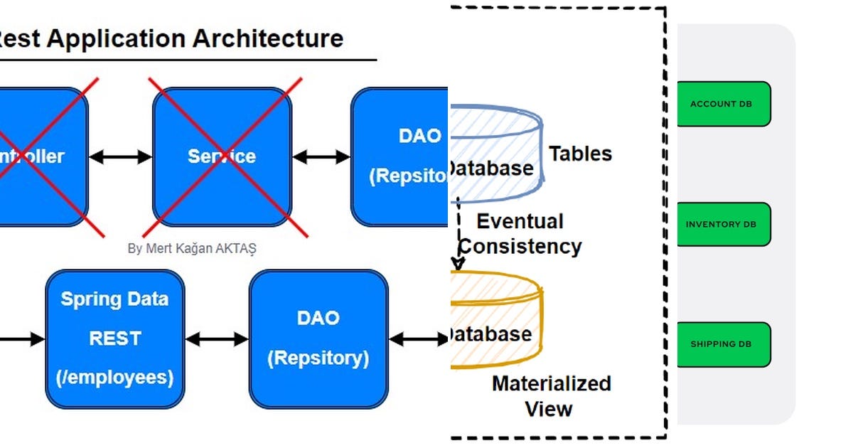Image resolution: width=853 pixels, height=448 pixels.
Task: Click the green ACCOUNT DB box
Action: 723,104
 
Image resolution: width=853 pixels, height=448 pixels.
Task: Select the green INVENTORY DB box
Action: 723,224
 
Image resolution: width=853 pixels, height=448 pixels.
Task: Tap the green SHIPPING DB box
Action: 723,344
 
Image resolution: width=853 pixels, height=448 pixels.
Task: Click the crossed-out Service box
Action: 222,156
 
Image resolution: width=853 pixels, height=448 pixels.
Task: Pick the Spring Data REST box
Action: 114,338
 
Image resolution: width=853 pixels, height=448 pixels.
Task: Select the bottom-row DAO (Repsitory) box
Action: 318,338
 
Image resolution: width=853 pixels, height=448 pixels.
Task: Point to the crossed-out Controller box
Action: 39,156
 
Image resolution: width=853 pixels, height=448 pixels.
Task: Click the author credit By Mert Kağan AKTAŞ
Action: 192,249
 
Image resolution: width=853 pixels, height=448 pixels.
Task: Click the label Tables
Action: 580,154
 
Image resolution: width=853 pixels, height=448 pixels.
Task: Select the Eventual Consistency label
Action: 521,234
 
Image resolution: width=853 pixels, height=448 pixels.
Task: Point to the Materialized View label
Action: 550,396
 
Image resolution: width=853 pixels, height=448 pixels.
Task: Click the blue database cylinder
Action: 496,153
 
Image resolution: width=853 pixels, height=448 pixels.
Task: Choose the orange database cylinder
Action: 496,320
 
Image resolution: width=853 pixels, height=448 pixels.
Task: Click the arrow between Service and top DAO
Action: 321,156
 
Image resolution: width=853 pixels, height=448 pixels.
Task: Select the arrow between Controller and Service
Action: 120,156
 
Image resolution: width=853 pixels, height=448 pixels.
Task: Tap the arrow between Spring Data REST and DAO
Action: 217,339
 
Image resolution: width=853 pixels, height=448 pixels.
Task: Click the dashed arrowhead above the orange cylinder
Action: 458,263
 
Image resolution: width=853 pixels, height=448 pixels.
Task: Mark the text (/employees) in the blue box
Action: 114,377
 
